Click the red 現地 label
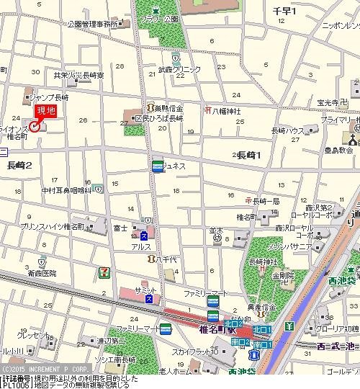(46, 111)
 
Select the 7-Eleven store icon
(104, 272)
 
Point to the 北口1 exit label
(261, 329)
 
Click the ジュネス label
(174, 166)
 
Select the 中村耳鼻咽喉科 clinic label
(66, 190)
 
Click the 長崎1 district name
(249, 155)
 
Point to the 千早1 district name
(285, 11)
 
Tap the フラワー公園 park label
(159, 18)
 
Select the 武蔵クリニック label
(179, 69)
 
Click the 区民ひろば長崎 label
(159, 118)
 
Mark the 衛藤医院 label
(42, 274)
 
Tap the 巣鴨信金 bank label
(168, 107)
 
